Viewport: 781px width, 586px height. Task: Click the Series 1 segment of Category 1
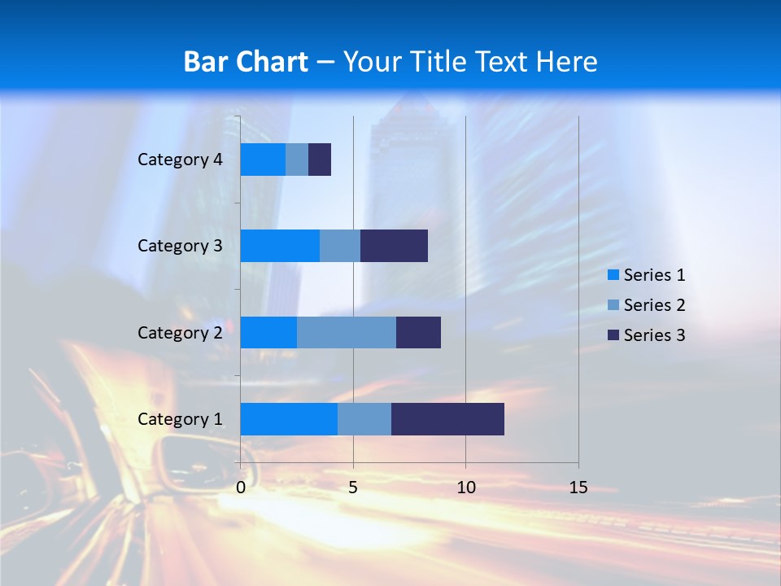pyautogui.click(x=289, y=418)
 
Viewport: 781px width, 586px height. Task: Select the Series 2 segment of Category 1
pyautogui.click(x=364, y=418)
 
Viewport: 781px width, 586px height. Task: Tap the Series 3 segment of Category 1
pyautogui.click(x=447, y=418)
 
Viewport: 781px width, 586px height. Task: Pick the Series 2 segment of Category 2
pyautogui.click(x=347, y=332)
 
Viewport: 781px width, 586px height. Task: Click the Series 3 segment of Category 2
pyautogui.click(x=418, y=332)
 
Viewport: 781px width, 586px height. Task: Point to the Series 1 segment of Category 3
pyautogui.click(x=280, y=246)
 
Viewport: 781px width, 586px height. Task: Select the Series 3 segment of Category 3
pyautogui.click(x=394, y=246)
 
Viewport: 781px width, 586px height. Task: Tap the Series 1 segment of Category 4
pyautogui.click(x=263, y=160)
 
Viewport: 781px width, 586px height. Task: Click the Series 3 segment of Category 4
pyautogui.click(x=320, y=160)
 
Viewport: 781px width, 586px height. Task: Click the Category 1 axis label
pyautogui.click(x=180, y=419)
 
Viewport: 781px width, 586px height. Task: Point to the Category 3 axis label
pyautogui.click(x=180, y=246)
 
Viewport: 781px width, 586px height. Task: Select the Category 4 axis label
pyautogui.click(x=180, y=160)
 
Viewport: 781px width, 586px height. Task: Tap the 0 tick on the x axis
pyautogui.click(x=241, y=488)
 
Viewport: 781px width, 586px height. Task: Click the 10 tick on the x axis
pyautogui.click(x=465, y=488)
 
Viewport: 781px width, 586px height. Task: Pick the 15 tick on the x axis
pyautogui.click(x=578, y=488)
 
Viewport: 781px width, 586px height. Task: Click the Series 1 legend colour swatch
pyautogui.click(x=613, y=275)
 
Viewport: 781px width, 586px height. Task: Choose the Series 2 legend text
pyautogui.click(x=654, y=305)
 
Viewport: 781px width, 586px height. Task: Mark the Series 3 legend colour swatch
pyautogui.click(x=613, y=335)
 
